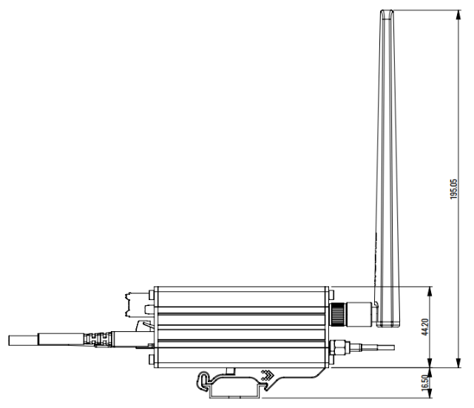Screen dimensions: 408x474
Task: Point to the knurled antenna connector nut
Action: click(339, 311)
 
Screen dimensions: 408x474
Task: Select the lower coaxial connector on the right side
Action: click(340, 345)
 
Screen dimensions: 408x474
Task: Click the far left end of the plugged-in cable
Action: click(11, 341)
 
